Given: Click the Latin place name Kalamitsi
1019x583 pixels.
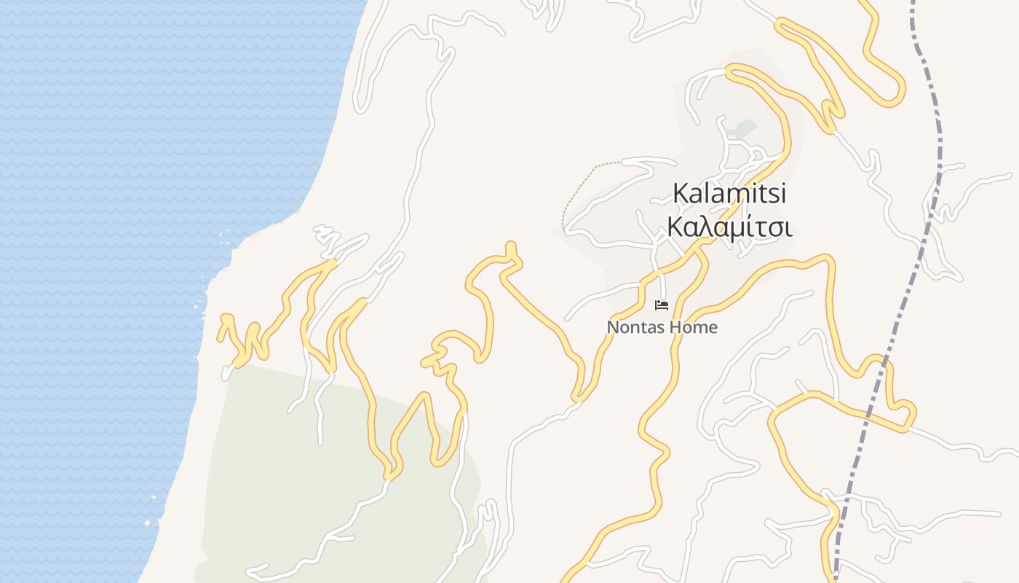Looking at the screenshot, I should click(x=730, y=194).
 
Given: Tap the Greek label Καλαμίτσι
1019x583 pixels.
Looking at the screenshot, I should click(x=729, y=227).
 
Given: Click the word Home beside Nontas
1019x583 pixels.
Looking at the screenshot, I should click(x=693, y=328).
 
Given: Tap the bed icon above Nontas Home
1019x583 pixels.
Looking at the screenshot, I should click(x=662, y=305).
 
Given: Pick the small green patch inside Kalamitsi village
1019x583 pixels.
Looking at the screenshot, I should click(x=742, y=130).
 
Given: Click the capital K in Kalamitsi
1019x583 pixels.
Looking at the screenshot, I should click(x=681, y=194).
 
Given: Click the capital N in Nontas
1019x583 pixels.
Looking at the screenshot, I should click(x=613, y=328).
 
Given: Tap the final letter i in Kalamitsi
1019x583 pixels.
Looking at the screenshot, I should click(x=784, y=194).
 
